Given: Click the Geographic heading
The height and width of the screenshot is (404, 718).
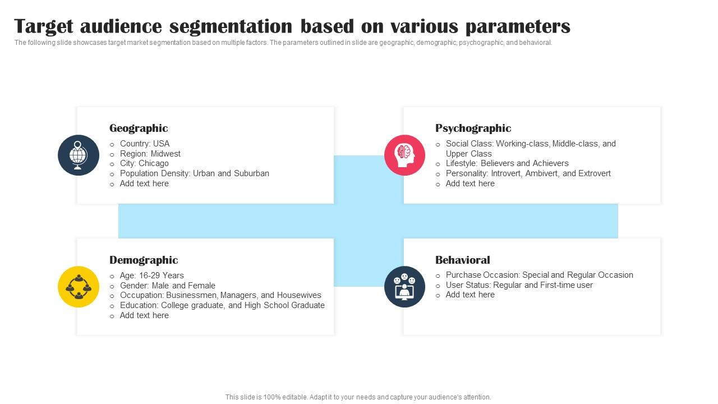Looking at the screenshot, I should tap(139, 128).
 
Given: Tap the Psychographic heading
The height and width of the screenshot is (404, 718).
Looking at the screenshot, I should tap(473, 128).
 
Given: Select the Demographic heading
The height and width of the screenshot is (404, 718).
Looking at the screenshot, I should tap(144, 260).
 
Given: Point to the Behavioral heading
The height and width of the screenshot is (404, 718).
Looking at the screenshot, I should tap(462, 260).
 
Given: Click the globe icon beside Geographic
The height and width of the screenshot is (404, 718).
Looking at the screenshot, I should tap(79, 155).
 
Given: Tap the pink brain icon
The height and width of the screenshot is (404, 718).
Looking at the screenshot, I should tap(404, 155).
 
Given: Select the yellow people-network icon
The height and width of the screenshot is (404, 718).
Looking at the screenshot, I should tap(79, 286).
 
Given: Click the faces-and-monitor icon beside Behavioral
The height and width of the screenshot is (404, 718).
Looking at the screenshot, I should tap(404, 286).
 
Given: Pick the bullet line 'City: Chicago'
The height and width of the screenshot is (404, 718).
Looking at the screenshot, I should tap(144, 163).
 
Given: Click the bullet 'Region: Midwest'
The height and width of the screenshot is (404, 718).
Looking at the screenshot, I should tap(150, 154).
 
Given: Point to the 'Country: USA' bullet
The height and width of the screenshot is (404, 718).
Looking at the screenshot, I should tap(144, 144).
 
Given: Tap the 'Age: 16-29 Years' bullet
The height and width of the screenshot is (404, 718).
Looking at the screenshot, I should tap(151, 276).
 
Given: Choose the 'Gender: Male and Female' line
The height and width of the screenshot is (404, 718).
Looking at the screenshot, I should tap(167, 286).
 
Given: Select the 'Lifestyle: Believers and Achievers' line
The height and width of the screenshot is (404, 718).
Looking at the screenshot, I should tap(507, 163).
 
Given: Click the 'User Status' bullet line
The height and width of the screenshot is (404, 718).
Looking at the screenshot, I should tap(519, 285).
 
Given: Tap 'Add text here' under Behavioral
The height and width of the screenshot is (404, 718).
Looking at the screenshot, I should tap(470, 295).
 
